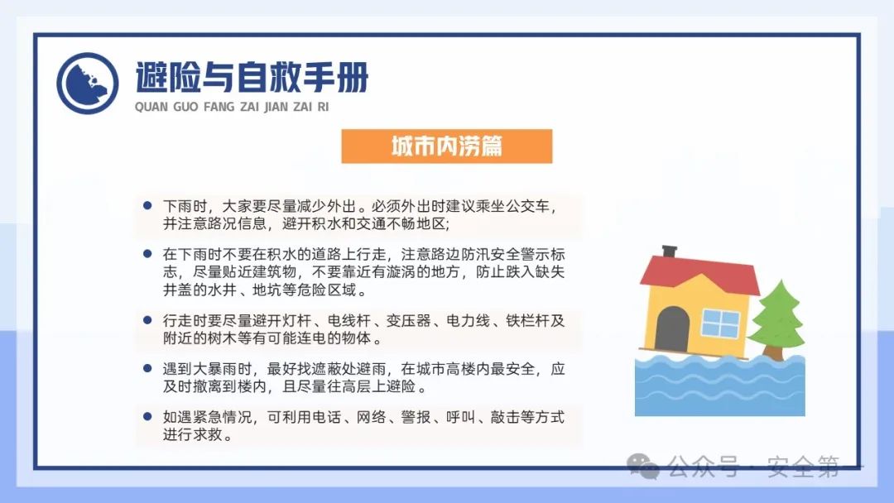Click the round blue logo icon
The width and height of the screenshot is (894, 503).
click(x=88, y=83)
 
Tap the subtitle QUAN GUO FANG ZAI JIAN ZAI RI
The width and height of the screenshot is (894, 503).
click(x=238, y=107)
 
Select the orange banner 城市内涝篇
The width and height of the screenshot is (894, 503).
click(x=447, y=146)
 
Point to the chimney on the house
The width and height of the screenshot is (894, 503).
click(x=669, y=250)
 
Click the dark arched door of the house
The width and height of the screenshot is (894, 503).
click(x=672, y=329)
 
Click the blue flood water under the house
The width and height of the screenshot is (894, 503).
click(x=719, y=385)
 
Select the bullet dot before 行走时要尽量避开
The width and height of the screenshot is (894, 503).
click(x=147, y=319)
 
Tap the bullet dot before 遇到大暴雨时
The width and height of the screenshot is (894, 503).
click(x=147, y=367)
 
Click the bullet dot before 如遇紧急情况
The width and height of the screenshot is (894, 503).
click(x=147, y=416)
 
